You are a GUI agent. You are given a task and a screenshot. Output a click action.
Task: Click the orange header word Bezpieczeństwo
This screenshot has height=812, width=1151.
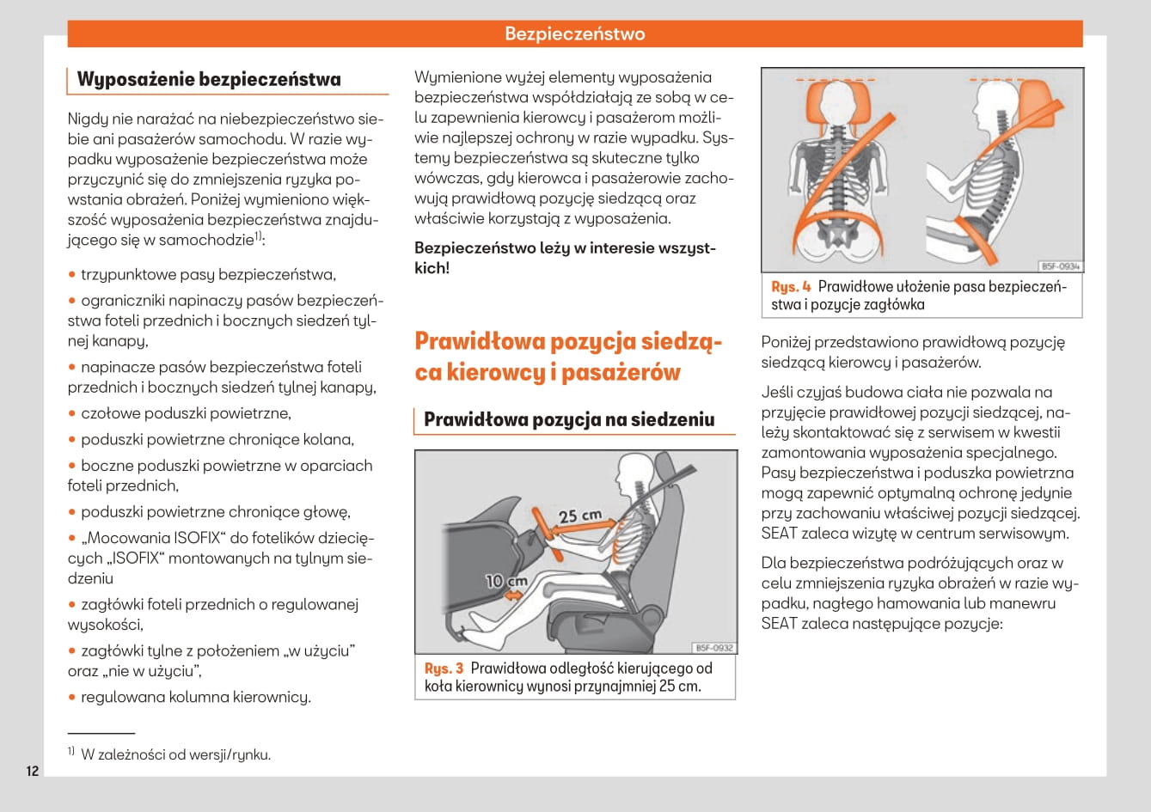[x=574, y=34]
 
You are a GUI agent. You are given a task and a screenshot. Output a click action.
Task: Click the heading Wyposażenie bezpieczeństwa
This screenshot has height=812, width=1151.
[x=209, y=80]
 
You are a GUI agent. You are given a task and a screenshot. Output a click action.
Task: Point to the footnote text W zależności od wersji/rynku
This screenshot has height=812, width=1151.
[x=175, y=755]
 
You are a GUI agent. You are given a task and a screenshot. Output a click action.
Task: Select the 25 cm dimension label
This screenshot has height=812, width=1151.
[x=580, y=516]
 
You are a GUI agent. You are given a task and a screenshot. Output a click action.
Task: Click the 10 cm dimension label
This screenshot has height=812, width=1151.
[x=506, y=581]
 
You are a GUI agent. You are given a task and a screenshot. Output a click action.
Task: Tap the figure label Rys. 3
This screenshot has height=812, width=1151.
[x=444, y=669]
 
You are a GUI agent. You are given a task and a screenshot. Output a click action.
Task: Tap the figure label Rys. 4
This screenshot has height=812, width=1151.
[x=791, y=287]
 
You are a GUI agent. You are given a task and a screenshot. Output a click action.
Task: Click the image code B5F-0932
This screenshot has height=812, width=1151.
[x=713, y=648]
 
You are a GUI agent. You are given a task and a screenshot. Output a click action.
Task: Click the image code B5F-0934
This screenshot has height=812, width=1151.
[x=1060, y=266]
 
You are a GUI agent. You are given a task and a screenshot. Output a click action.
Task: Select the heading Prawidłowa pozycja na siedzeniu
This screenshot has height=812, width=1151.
[x=569, y=420]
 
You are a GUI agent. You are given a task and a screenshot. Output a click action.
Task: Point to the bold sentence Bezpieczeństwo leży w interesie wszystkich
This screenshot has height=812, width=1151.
[x=565, y=258]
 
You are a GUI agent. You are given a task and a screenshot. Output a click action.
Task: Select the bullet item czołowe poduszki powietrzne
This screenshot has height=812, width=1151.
[x=186, y=413]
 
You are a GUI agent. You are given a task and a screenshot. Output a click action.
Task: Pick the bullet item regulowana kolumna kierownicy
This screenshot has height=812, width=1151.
[x=196, y=697]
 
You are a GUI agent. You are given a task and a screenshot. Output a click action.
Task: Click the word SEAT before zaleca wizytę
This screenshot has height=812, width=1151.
[x=779, y=533]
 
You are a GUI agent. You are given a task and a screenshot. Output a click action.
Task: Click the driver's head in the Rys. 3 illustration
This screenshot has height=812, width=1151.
[x=634, y=471]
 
